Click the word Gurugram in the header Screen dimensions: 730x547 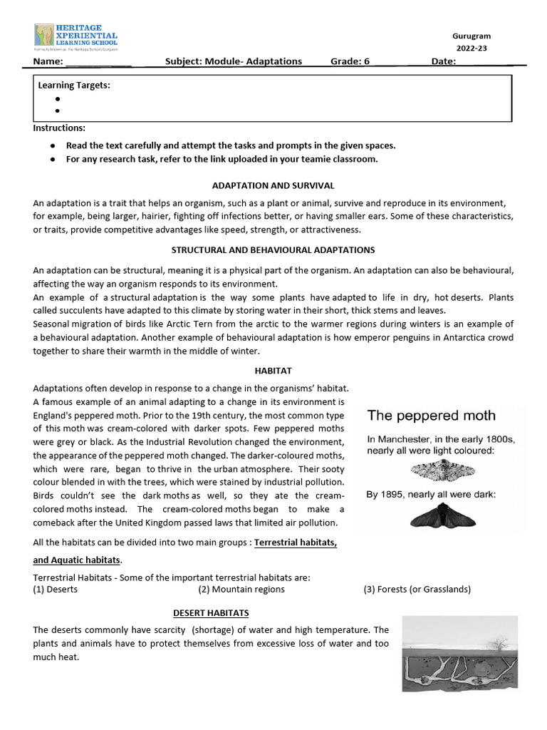pos(472,36)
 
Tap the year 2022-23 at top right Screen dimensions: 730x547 pos(472,48)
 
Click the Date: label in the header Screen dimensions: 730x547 pos(443,61)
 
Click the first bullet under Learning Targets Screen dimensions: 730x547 pos(57,99)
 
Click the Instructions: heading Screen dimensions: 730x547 pos(59,128)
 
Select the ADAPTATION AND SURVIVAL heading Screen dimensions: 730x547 pos(273,185)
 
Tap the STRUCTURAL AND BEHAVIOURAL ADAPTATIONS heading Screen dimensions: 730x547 pos(273,250)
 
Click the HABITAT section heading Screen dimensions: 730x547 pos(273,371)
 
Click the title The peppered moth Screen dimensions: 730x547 pos(431,416)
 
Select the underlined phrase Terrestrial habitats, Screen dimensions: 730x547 pos(296,543)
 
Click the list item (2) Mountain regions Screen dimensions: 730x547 pos(241,590)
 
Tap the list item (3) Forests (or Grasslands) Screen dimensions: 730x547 pos(417,590)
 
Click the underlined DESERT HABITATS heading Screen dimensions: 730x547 pos(211,613)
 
